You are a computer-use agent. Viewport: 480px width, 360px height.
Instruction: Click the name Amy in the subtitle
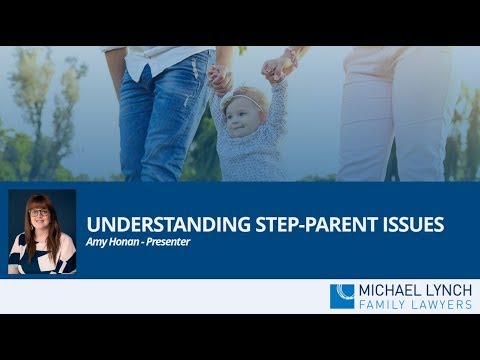coord(96,241)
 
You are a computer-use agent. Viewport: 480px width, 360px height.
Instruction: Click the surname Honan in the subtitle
coord(123,241)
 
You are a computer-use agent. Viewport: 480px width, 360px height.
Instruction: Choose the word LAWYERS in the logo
coord(440,304)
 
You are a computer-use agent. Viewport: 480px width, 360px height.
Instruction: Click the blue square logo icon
coord(342,296)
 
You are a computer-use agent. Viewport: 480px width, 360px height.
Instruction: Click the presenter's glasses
coord(42,214)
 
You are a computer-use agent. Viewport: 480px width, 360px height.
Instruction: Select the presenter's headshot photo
coord(42,232)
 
